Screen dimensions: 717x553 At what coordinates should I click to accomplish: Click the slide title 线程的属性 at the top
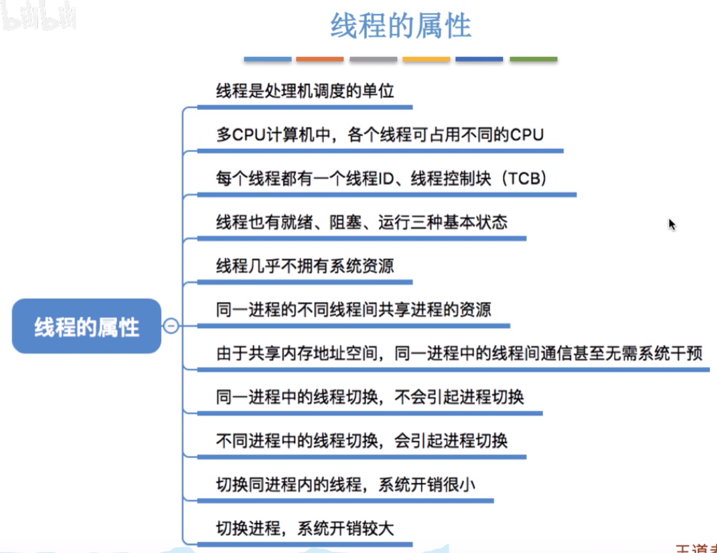[400, 26]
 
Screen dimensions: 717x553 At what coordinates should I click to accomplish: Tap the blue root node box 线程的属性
[87, 326]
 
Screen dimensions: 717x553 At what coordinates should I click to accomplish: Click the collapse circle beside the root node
[171, 326]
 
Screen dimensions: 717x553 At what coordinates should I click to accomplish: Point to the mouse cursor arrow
[672, 224]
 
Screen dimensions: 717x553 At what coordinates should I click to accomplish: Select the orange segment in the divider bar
[320, 59]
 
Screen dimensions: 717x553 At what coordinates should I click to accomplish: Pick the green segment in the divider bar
[533, 59]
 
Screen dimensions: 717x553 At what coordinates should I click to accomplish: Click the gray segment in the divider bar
[373, 59]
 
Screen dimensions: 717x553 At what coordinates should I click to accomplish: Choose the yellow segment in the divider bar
[426, 59]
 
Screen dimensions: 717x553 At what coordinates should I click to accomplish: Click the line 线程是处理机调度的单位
[305, 91]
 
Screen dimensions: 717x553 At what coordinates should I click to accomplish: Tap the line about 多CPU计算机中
[380, 135]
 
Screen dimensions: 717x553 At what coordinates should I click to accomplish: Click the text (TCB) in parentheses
[525, 178]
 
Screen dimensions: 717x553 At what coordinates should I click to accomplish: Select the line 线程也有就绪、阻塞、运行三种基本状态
[361, 222]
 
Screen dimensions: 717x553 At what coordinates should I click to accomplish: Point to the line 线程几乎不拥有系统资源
[305, 266]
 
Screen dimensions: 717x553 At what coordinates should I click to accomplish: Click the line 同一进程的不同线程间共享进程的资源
[353, 309]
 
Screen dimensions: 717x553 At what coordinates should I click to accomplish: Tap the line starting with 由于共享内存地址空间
[459, 354]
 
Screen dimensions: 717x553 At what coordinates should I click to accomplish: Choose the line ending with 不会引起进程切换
[369, 397]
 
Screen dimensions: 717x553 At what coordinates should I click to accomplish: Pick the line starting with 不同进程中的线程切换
[361, 441]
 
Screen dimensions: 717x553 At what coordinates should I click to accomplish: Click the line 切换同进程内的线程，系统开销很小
[345, 484]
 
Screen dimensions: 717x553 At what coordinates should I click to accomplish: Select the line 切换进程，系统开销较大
[305, 528]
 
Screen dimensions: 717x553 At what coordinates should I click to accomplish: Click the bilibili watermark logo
[38, 16]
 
